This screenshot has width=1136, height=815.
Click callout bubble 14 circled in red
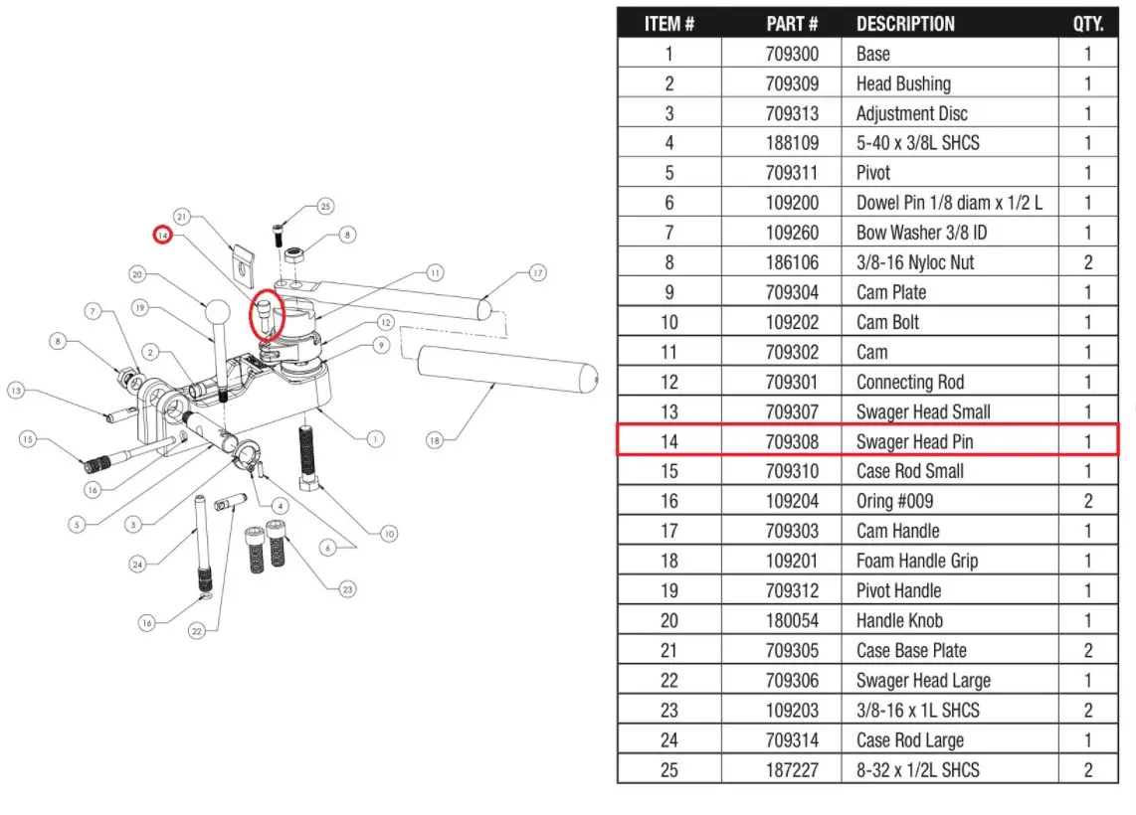(x=162, y=235)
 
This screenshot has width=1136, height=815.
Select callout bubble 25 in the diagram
(x=325, y=207)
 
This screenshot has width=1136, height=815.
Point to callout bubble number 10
(x=387, y=534)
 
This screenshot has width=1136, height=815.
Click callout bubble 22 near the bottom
(x=196, y=630)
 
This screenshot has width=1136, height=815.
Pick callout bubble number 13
(x=16, y=391)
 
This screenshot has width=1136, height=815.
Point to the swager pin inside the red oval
(x=266, y=313)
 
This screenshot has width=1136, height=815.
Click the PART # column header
(x=792, y=23)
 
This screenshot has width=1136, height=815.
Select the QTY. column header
(x=1087, y=23)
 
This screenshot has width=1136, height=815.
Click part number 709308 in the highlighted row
(x=792, y=441)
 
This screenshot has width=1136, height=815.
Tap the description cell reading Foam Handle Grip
(x=916, y=561)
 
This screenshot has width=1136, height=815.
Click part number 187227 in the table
(x=792, y=769)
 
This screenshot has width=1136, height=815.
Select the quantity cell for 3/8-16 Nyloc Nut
(x=1087, y=262)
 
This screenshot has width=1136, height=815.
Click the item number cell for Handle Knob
(x=668, y=620)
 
